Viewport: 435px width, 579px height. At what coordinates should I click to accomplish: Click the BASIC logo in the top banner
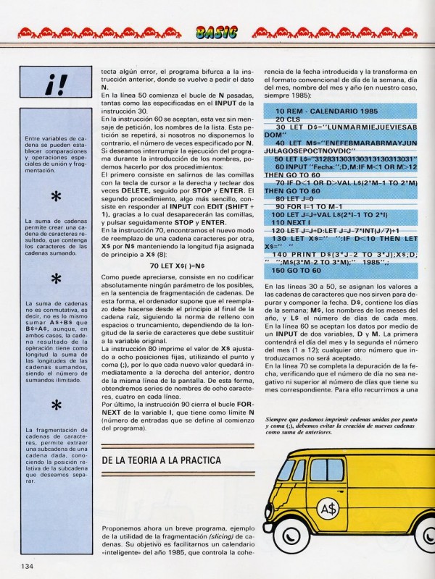point(217,31)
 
